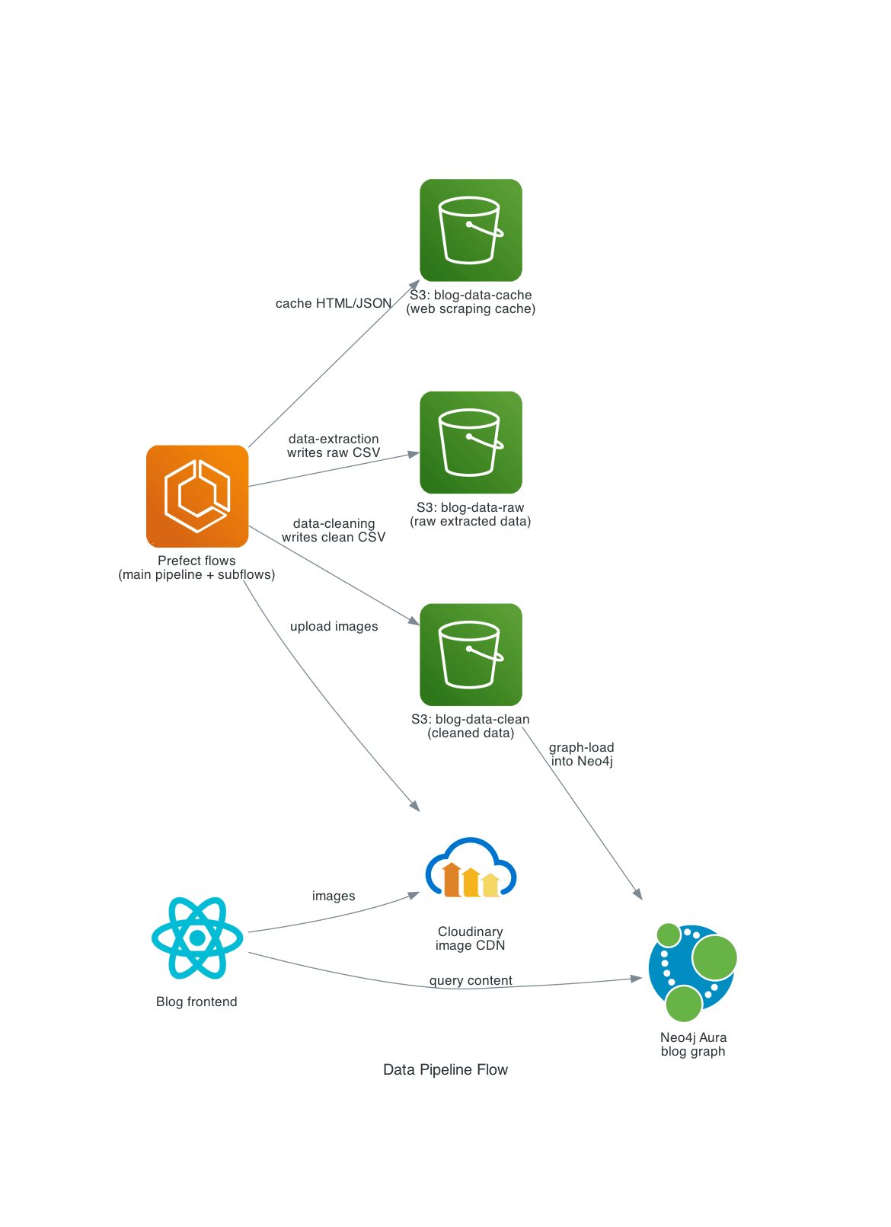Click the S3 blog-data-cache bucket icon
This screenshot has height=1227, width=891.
tap(471, 230)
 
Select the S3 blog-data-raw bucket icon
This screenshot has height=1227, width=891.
tap(471, 443)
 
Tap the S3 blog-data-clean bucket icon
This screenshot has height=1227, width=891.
tap(471, 654)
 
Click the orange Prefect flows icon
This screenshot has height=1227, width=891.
tap(197, 496)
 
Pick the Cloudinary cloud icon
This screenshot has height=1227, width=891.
tap(471, 868)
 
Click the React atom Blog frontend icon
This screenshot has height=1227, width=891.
tap(197, 938)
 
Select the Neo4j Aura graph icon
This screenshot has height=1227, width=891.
tap(692, 973)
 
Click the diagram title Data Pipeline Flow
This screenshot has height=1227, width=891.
tap(445, 1069)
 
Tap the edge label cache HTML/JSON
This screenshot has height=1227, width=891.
tap(334, 303)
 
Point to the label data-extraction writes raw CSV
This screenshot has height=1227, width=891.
tap(334, 446)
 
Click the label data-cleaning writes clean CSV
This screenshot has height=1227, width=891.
tap(334, 530)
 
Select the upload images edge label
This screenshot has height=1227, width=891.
tap(334, 626)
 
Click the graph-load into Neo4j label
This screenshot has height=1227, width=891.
tap(582, 754)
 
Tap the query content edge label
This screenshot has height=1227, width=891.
tap(471, 980)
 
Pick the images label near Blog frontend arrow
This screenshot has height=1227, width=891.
tap(334, 896)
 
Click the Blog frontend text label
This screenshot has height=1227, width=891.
tap(196, 1002)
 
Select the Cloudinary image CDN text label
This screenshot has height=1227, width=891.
tap(470, 938)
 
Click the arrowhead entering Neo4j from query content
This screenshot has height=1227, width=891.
tap(637, 978)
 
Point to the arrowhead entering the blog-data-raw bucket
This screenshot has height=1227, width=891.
tap(414, 454)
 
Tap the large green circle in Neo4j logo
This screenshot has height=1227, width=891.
tap(714, 957)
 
